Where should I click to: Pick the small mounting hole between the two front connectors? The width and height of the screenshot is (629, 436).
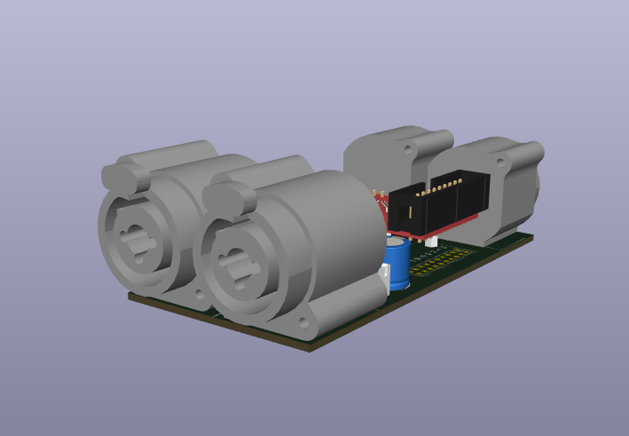tap(199, 292)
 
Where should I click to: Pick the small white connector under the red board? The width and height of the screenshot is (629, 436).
tap(430, 241)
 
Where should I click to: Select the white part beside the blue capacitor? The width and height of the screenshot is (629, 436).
tap(385, 276)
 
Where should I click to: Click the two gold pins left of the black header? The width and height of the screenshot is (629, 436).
tap(378, 194)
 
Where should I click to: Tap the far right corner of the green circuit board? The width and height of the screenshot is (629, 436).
tap(531, 235)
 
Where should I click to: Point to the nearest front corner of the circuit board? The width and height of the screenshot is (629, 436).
tap(308, 348)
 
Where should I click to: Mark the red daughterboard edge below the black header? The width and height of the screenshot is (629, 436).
tap(452, 224)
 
